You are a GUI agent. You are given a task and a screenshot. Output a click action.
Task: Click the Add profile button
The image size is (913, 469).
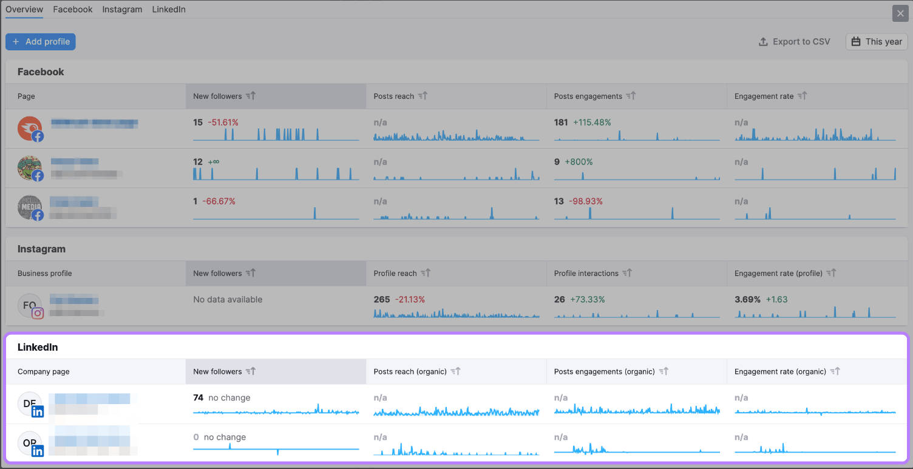tap(41, 42)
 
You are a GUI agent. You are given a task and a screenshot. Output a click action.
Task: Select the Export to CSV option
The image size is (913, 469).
tap(794, 42)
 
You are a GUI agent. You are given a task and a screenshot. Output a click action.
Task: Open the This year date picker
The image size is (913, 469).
tap(877, 42)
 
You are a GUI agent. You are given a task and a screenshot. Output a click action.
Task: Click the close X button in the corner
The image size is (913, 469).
tap(900, 13)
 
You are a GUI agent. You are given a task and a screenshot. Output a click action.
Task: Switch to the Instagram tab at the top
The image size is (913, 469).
tap(122, 10)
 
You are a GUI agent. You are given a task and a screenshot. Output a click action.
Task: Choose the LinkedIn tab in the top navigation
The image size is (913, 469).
tap(169, 10)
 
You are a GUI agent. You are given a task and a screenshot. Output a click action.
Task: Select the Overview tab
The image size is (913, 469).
tap(24, 10)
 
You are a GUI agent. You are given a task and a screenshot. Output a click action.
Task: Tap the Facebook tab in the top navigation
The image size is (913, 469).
tap(73, 10)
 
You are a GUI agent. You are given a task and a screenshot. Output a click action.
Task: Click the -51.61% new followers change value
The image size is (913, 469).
tap(223, 123)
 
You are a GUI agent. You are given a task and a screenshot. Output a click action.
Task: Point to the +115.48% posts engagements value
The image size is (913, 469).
tap(592, 123)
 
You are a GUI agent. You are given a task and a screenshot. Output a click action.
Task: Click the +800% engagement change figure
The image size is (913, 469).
tap(579, 162)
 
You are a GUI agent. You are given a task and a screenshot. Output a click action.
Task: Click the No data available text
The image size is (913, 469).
tap(228, 300)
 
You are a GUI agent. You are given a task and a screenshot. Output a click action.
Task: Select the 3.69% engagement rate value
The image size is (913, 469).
tap(748, 300)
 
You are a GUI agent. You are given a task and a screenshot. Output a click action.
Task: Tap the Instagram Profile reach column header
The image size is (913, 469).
tap(395, 274)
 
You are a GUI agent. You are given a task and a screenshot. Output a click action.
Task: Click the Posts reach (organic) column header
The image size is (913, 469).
tap(410, 372)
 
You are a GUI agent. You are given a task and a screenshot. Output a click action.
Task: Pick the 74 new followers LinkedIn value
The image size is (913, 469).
tap(198, 398)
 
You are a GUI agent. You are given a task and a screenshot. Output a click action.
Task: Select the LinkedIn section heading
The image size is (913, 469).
tap(38, 348)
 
